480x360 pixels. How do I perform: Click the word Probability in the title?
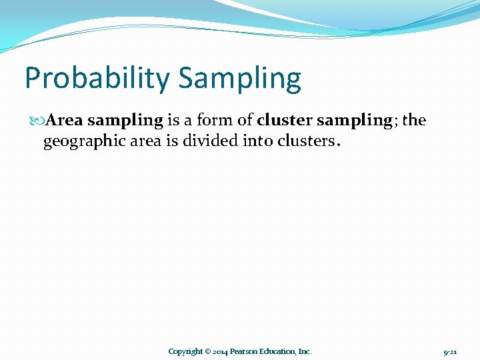97,79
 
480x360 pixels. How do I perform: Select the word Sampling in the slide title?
240,79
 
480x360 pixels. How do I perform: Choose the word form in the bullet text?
211,121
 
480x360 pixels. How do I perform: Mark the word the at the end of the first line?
414,121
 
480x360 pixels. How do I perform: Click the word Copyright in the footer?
185,351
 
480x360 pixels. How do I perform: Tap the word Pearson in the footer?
245,351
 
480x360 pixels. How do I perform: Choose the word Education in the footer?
278,351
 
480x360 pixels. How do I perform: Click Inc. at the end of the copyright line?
305,351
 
